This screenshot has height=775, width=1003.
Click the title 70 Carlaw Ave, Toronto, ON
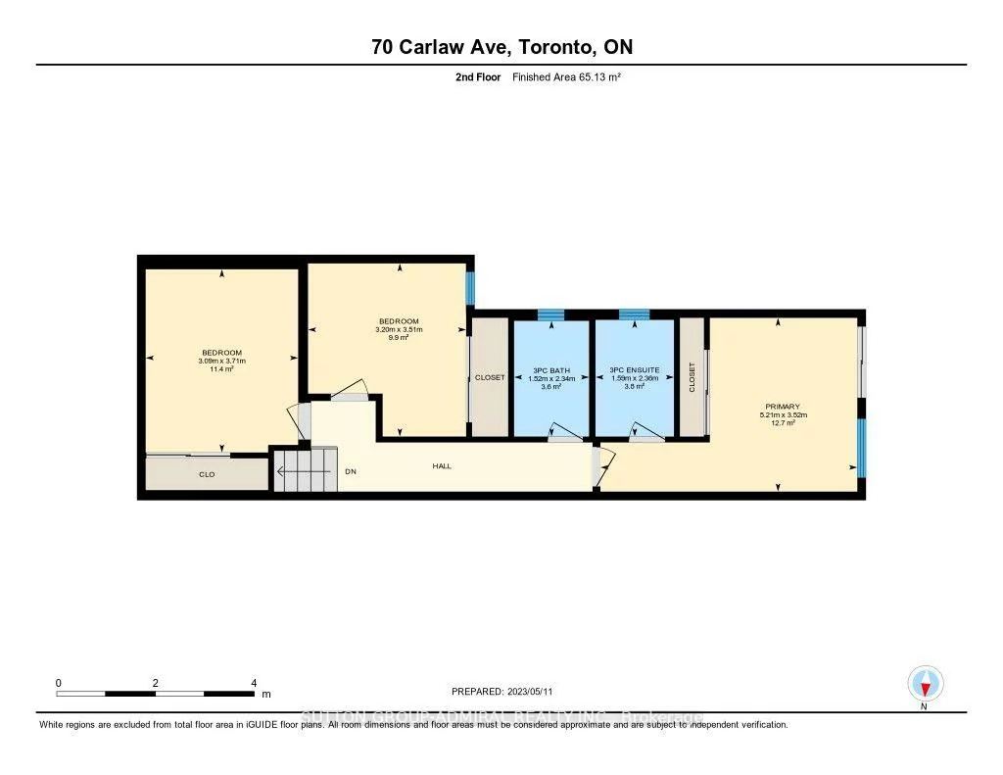[501, 47]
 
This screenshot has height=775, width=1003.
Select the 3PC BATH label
[550, 369]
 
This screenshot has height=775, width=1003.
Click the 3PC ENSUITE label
[634, 369]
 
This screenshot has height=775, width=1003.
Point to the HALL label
[442, 466]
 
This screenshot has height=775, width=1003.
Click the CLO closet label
[207, 474]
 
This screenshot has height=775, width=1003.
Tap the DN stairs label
[350, 471]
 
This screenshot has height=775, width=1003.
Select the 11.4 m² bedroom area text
[221, 369]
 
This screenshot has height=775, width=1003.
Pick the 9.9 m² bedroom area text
[399, 338]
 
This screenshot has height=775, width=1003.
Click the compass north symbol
[924, 683]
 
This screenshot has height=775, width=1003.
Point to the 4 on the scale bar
[254, 683]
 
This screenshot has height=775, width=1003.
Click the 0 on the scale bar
[59, 683]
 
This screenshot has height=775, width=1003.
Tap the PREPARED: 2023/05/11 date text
[508, 691]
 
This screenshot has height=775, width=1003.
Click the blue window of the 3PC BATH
[550, 315]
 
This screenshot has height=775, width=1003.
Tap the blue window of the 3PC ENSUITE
[634, 315]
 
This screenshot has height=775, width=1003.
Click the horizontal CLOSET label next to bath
[490, 377]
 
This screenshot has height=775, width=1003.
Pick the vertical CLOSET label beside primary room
[692, 377]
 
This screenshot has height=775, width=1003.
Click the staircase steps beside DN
[304, 472]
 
